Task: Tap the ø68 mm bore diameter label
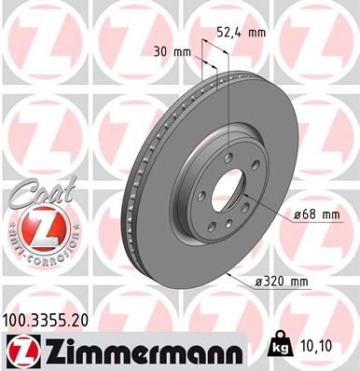[317, 216]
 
